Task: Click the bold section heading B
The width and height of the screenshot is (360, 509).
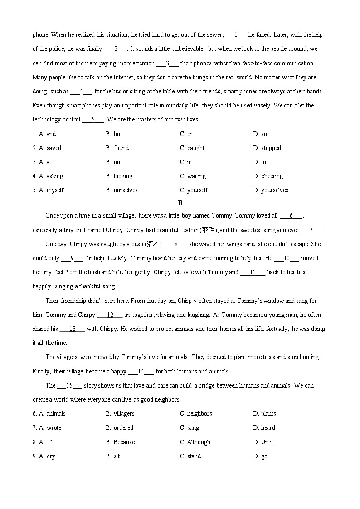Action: pyautogui.click(x=180, y=203)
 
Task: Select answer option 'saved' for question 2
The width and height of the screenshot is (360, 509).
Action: pyautogui.click(x=54, y=148)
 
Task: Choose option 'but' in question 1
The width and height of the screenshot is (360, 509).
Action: pyautogui.click(x=117, y=134)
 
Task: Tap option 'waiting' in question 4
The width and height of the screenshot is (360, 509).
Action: pyautogui.click(x=196, y=176)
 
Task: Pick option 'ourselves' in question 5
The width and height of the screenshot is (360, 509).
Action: pyautogui.click(x=125, y=190)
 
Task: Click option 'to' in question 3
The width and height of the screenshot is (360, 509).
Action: pyautogui.click(x=263, y=162)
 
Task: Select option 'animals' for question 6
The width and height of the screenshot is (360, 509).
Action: pyautogui.click(x=56, y=413)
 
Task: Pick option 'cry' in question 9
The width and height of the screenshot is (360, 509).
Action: pyautogui.click(x=51, y=456)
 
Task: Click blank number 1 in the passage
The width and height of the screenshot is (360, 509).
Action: pyautogui.click(x=236, y=35)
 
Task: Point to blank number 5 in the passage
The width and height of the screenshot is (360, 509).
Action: pyautogui.click(x=93, y=120)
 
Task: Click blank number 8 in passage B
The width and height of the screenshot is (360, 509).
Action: pyautogui.click(x=176, y=244)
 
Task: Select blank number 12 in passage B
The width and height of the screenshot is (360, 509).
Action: pyautogui.click(x=110, y=315)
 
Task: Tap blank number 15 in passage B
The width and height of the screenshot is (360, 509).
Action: pyautogui.click(x=69, y=385)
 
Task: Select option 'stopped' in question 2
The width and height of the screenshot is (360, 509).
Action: pyautogui.click(x=271, y=148)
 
